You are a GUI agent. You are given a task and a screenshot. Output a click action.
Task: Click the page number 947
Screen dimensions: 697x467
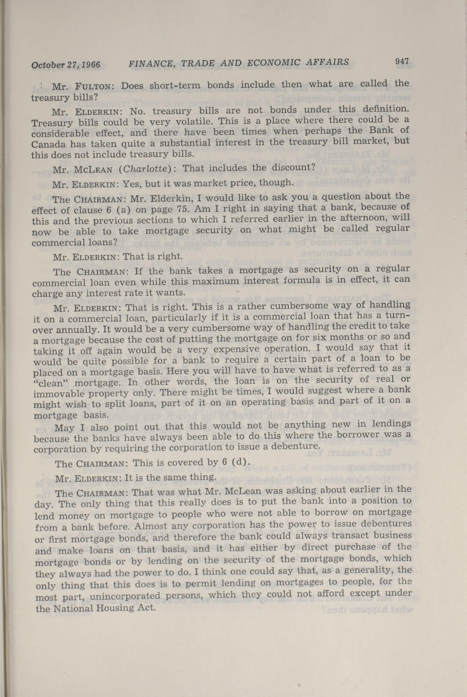pyautogui.click(x=402, y=61)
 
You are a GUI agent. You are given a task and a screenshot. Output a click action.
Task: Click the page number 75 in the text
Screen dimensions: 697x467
pyautogui.click(x=182, y=209)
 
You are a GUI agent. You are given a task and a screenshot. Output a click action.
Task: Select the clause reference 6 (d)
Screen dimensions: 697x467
pyautogui.click(x=235, y=462)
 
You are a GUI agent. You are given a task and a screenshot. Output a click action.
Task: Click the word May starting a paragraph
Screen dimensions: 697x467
pyautogui.click(x=64, y=427)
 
